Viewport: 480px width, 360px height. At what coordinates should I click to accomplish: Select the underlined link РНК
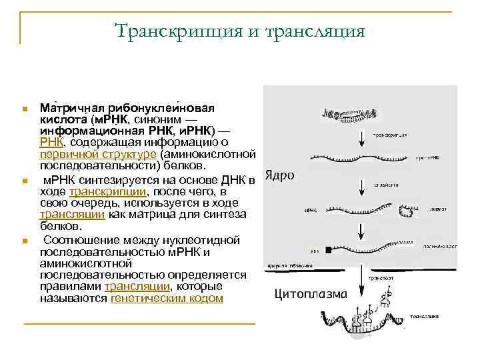[x=51, y=142]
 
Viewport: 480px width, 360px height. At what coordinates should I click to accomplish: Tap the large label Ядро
[x=280, y=175]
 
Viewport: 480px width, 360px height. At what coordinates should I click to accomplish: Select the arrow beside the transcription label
[x=361, y=138]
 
